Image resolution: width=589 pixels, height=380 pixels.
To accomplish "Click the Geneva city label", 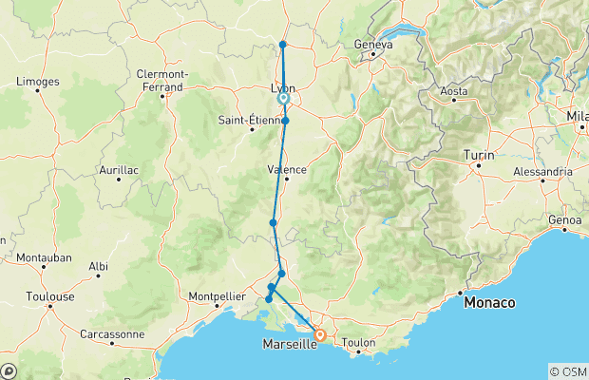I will (x=372, y=44).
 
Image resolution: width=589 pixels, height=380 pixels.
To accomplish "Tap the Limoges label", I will (x=37, y=82).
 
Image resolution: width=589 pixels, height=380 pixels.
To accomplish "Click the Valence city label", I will (x=287, y=169).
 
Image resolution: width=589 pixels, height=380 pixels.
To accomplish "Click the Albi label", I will (x=97, y=268).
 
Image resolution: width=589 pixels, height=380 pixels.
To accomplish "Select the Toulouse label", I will (x=50, y=296).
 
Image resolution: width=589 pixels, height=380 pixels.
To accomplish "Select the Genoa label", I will (x=563, y=220).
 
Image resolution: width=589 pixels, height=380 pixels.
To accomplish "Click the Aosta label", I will (x=454, y=92).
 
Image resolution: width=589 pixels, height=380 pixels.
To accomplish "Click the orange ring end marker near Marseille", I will (x=320, y=334).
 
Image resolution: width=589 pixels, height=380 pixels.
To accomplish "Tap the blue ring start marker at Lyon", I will (x=283, y=98).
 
